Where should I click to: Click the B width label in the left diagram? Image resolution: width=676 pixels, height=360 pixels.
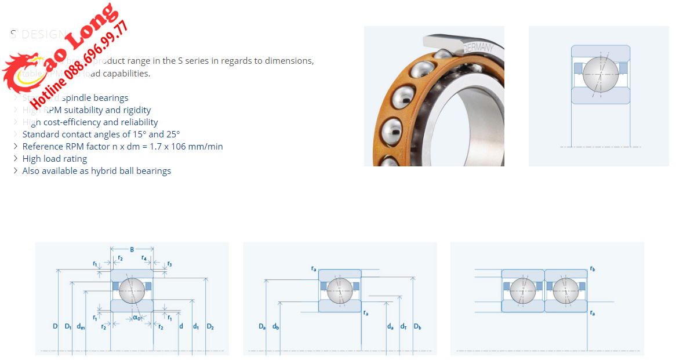(132, 249)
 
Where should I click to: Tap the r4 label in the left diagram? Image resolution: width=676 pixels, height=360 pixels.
(144, 257)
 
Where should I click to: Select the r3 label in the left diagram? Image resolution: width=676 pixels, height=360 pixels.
(169, 264)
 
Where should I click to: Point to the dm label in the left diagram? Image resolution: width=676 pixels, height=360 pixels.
(81, 327)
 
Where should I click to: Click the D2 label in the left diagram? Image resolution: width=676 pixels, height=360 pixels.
(210, 327)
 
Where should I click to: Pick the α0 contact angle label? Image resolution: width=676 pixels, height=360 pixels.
(137, 317)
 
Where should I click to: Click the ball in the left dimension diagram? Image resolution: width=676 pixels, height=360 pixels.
(132, 290)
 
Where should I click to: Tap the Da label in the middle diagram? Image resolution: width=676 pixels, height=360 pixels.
(262, 327)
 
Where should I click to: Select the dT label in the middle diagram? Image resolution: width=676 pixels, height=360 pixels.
(404, 327)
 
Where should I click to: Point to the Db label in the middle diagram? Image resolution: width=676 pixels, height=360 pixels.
(417, 327)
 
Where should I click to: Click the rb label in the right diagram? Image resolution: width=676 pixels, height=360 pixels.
(592, 269)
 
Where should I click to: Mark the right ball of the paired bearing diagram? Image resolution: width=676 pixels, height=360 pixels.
(565, 290)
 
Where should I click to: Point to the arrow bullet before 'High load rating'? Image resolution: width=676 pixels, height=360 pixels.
(16, 159)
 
